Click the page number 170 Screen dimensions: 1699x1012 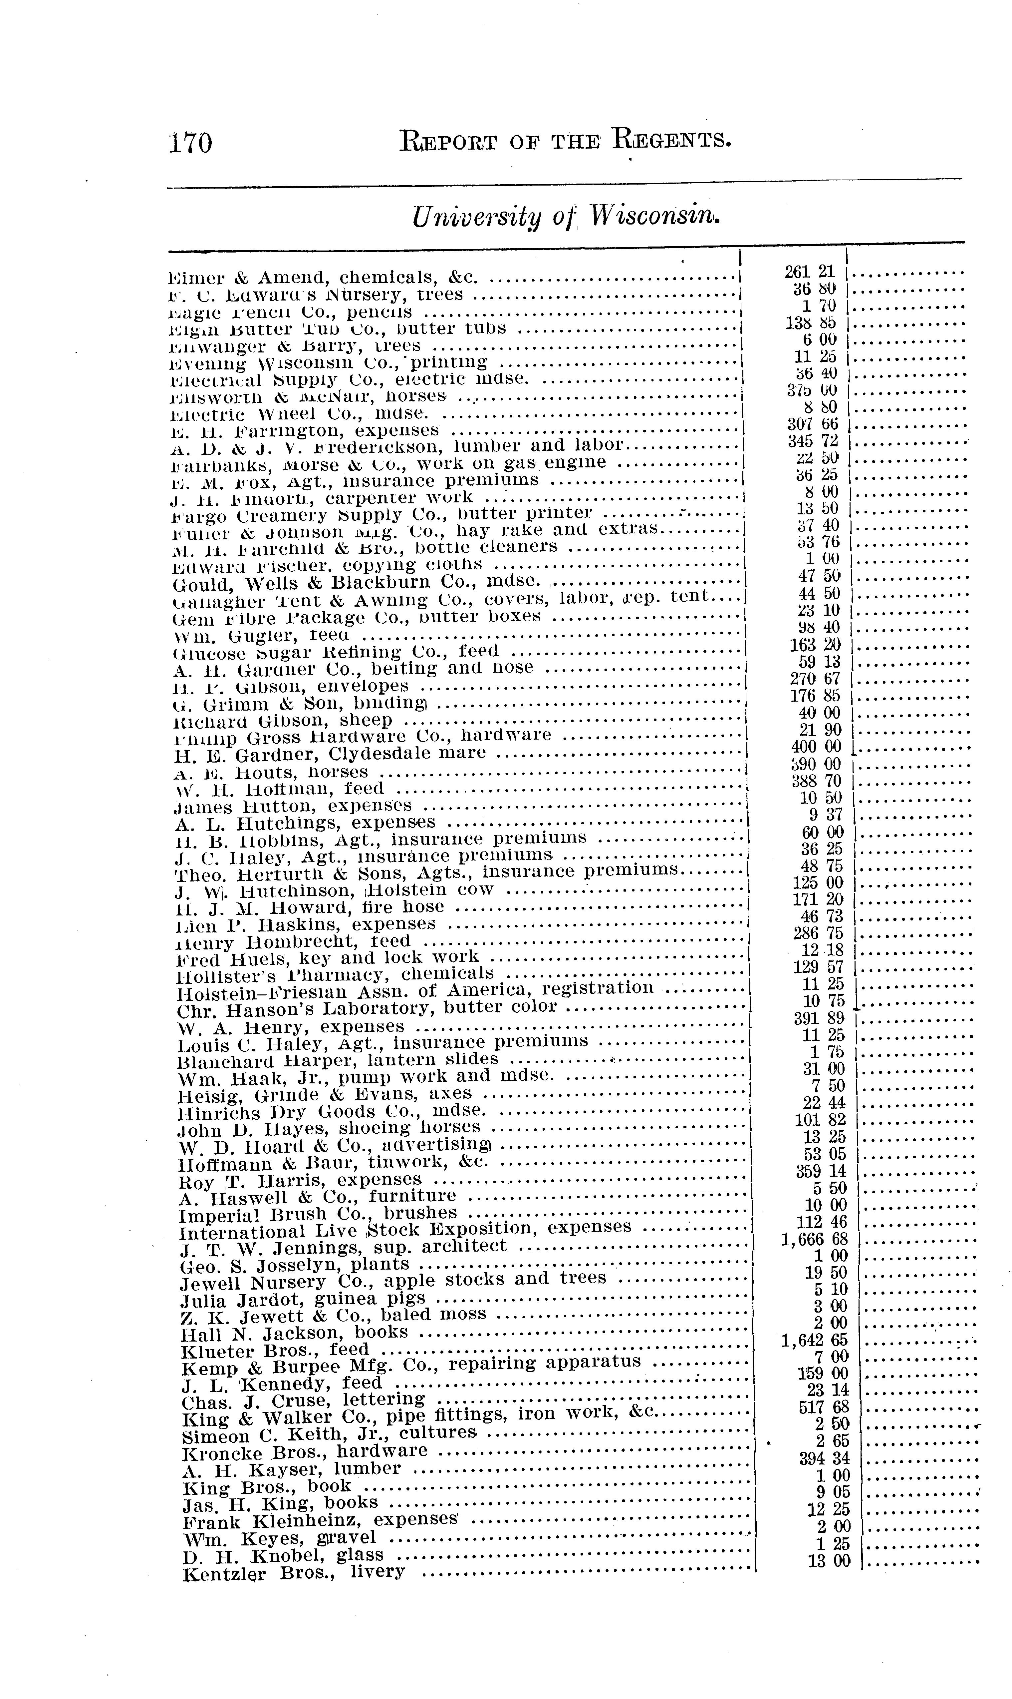pos(191,143)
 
